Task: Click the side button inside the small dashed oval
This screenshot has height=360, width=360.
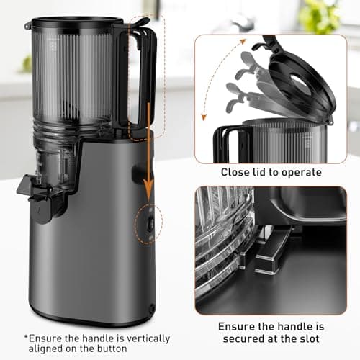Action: (148, 224)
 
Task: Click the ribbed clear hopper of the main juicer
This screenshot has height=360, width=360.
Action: (72, 79)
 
